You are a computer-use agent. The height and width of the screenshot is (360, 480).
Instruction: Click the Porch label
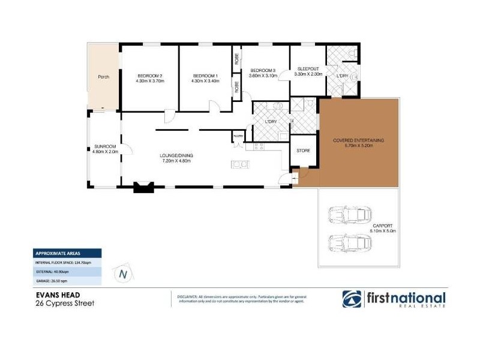coord(103,77)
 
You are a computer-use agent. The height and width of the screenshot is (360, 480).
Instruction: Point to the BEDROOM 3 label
coord(263,70)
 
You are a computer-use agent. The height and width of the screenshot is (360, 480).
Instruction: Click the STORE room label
coord(304,151)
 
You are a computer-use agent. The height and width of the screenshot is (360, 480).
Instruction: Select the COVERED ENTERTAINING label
coord(358,140)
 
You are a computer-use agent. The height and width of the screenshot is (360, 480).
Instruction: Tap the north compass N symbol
coord(124,274)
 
